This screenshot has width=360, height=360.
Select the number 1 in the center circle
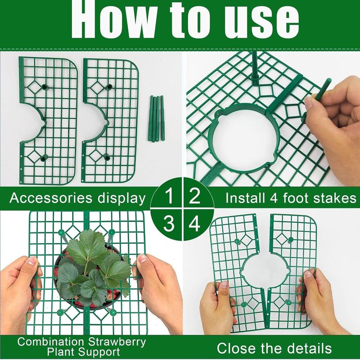point(169,197)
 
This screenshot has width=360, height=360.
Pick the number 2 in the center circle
point(194,197)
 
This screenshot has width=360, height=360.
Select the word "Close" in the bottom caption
point(238,348)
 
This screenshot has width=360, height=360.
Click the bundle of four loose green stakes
point(156,118)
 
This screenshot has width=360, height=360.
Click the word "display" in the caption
point(124,198)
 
